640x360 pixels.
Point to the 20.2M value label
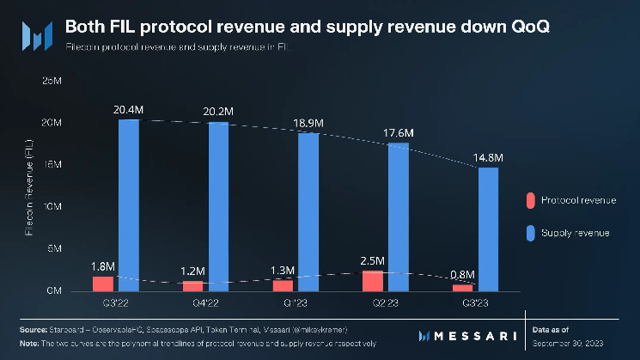(219, 111)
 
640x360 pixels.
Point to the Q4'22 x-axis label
(207, 303)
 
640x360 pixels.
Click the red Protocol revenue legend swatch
(530, 200)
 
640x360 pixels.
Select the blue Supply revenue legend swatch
(530, 233)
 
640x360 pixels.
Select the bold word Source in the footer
(33, 329)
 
